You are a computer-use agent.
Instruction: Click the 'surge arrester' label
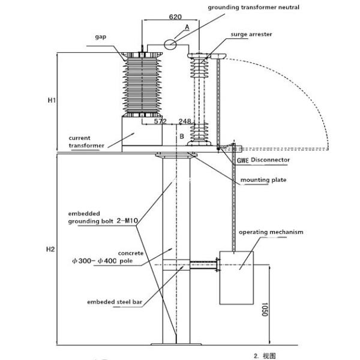tap(252, 34)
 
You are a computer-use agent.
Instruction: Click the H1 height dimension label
tap(52, 101)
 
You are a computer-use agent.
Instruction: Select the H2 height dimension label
tap(52, 248)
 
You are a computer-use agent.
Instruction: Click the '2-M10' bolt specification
tap(128, 221)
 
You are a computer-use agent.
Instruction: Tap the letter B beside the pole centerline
tap(181, 136)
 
